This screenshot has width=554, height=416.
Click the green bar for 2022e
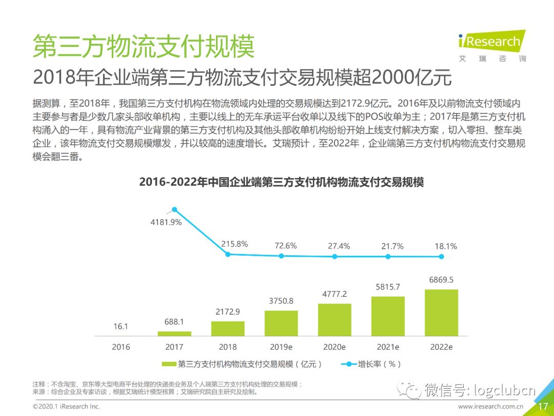(441, 313)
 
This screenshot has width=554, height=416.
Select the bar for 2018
(228, 329)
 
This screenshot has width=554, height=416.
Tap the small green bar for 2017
(174, 333)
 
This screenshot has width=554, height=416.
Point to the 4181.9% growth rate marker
(174, 210)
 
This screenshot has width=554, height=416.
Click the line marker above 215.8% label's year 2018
(228, 254)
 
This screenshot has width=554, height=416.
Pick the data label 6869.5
(441, 280)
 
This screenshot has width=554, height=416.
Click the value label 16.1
(121, 327)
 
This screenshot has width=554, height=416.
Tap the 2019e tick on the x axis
(281, 347)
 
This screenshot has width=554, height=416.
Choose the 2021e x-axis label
(388, 347)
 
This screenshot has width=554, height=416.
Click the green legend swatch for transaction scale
(169, 364)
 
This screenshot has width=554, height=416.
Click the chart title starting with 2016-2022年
(281, 182)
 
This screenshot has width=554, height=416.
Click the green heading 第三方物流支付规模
(144, 47)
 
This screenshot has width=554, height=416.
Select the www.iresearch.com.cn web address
(490, 407)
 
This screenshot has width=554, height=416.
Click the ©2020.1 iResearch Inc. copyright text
(67, 407)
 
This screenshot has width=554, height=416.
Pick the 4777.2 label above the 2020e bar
(334, 294)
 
